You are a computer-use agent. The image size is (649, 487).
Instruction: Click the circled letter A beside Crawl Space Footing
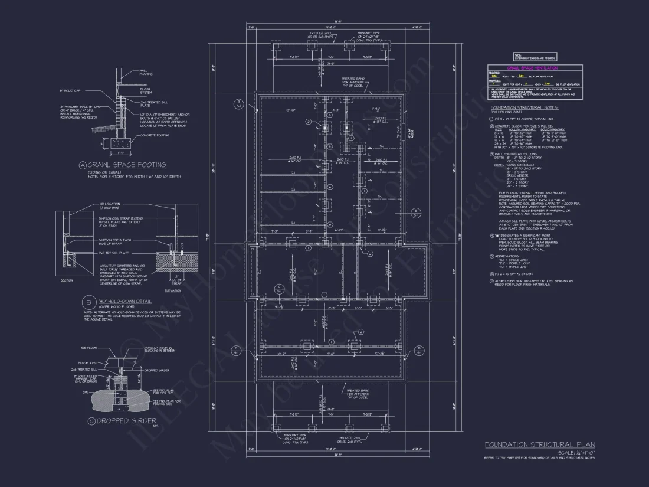83,165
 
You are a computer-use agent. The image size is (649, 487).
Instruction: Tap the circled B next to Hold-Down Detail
86,302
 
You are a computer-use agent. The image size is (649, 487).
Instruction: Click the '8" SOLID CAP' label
69,90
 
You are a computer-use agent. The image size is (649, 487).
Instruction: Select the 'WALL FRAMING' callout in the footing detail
146,73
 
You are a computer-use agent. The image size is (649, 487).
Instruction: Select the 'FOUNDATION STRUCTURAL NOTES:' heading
524,107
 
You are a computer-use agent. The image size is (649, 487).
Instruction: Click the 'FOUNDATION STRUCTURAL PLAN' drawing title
539,444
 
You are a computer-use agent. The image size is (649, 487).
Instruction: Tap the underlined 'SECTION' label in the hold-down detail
67,280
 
